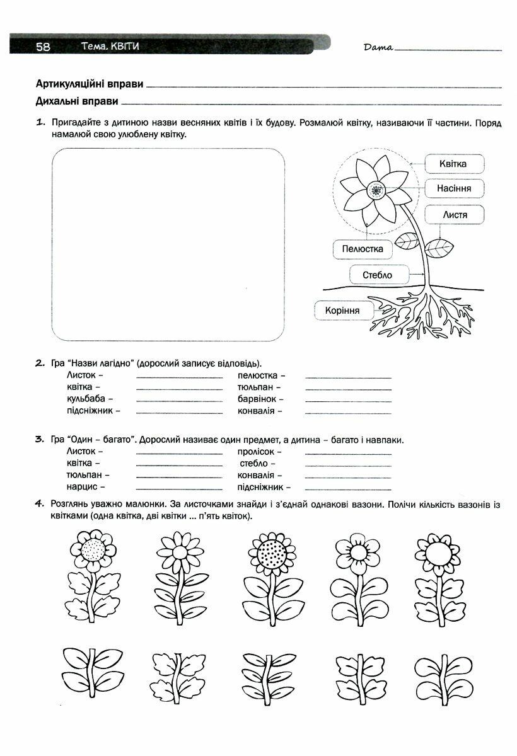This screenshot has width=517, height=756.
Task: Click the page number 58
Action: (43, 47)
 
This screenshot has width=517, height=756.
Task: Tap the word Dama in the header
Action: (378, 47)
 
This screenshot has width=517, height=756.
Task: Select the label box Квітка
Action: (454, 164)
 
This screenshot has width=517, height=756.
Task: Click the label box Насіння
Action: (454, 188)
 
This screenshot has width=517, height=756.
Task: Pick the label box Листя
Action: (455, 215)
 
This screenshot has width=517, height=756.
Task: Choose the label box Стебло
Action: (378, 275)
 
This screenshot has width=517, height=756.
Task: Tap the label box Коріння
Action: (342, 311)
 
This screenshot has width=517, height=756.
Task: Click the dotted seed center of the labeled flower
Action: (377, 190)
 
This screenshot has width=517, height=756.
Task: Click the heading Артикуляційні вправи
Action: (90, 84)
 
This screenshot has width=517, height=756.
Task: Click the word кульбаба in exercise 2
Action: (90, 399)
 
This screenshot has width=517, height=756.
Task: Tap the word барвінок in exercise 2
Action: (260, 399)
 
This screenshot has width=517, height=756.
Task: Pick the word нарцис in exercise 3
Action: (85, 487)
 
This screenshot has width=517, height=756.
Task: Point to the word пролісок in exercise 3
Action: (259, 452)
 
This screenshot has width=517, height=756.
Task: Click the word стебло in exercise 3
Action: (254, 464)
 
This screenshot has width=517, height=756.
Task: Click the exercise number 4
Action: (39, 503)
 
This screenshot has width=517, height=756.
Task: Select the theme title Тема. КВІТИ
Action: (110, 47)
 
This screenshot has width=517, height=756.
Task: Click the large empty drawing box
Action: (168, 244)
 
